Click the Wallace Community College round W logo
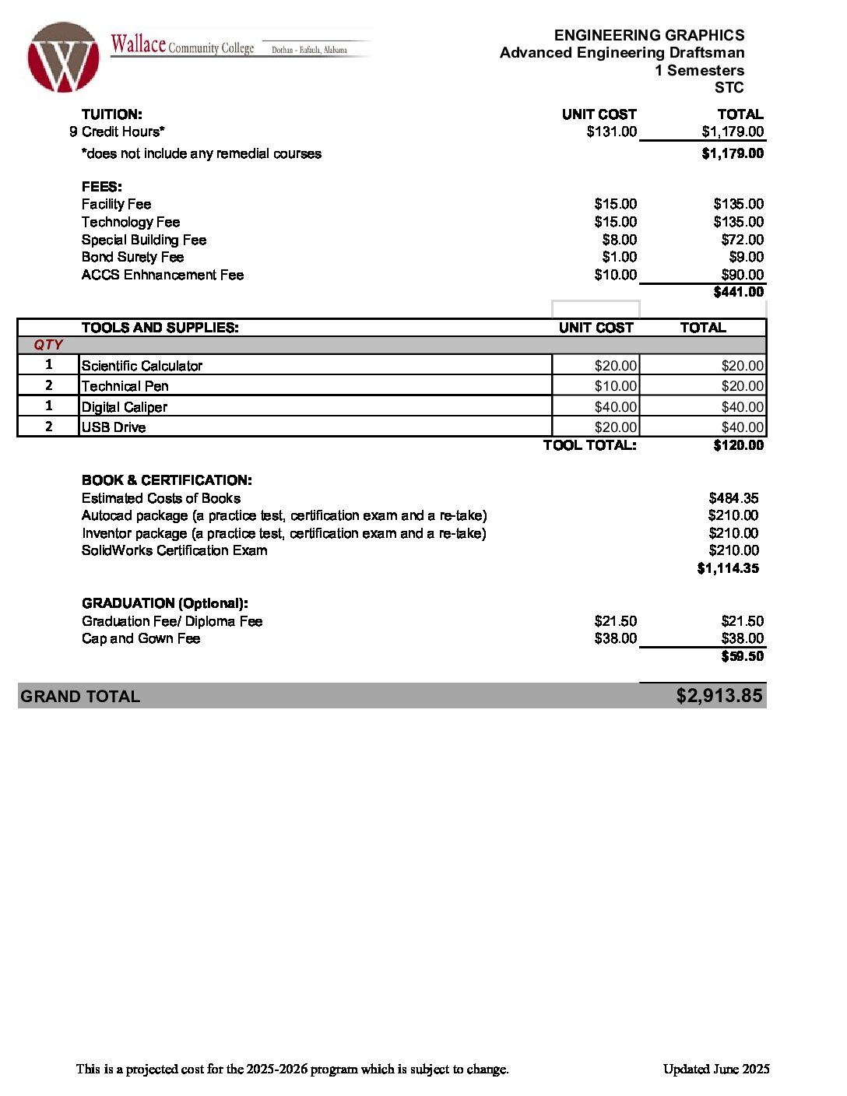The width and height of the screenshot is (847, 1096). [x=63, y=58]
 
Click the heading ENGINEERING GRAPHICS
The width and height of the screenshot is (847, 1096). [x=648, y=35]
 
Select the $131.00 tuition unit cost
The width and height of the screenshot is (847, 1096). [x=611, y=132]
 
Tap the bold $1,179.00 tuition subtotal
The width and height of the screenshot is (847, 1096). [x=732, y=153]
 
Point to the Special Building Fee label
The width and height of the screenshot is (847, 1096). [x=144, y=240]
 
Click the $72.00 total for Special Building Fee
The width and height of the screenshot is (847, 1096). [x=742, y=240]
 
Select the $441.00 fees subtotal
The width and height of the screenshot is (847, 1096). [x=738, y=292]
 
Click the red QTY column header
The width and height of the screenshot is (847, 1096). [x=48, y=345]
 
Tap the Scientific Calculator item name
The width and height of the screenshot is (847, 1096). [x=142, y=366]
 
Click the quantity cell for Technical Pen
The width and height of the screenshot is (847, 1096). [x=48, y=385]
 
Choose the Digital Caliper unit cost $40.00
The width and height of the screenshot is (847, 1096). [x=615, y=407]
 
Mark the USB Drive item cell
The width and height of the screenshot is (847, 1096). [x=114, y=427]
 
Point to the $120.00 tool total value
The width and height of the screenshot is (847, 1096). [x=738, y=445]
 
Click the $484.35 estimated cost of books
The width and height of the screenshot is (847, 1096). [x=733, y=498]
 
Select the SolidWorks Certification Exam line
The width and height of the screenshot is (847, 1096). [x=174, y=550]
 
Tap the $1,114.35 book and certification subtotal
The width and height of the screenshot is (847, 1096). [x=727, y=568]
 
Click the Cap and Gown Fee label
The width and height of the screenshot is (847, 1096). [x=141, y=638]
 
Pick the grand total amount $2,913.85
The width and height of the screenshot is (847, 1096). [x=719, y=696]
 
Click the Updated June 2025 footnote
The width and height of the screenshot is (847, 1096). [x=715, y=1069]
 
